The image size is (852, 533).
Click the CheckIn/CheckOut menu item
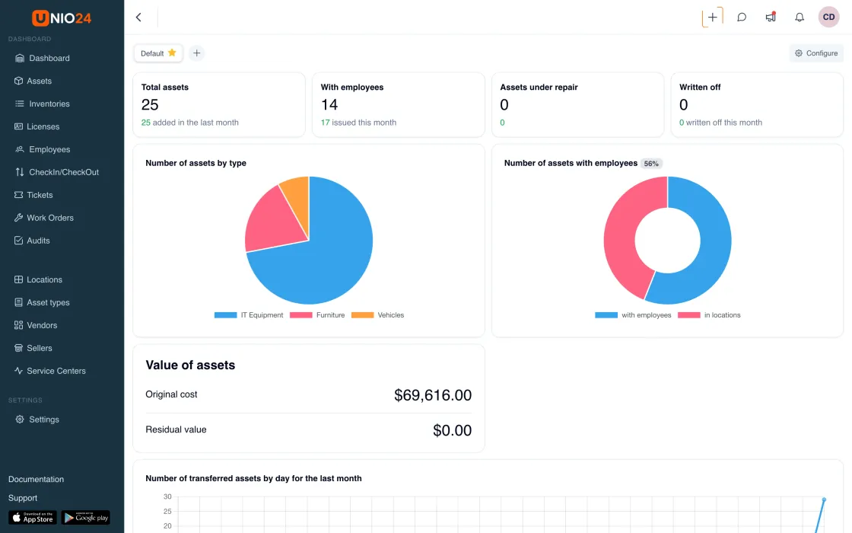(56, 172)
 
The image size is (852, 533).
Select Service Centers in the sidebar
(49, 371)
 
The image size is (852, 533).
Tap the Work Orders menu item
(43, 218)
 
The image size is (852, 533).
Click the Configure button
(816, 53)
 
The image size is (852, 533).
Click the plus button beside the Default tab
(197, 53)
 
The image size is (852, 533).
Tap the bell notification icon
(800, 18)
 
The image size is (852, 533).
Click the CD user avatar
(828, 18)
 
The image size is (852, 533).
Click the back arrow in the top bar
(138, 18)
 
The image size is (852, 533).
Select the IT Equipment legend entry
(249, 315)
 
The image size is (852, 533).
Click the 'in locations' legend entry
(710, 315)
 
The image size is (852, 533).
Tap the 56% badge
(651, 164)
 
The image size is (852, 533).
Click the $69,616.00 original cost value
(433, 395)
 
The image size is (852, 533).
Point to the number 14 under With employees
(329, 104)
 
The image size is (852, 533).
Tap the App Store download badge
(33, 517)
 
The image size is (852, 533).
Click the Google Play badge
(86, 517)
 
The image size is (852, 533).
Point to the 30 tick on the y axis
(167, 496)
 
